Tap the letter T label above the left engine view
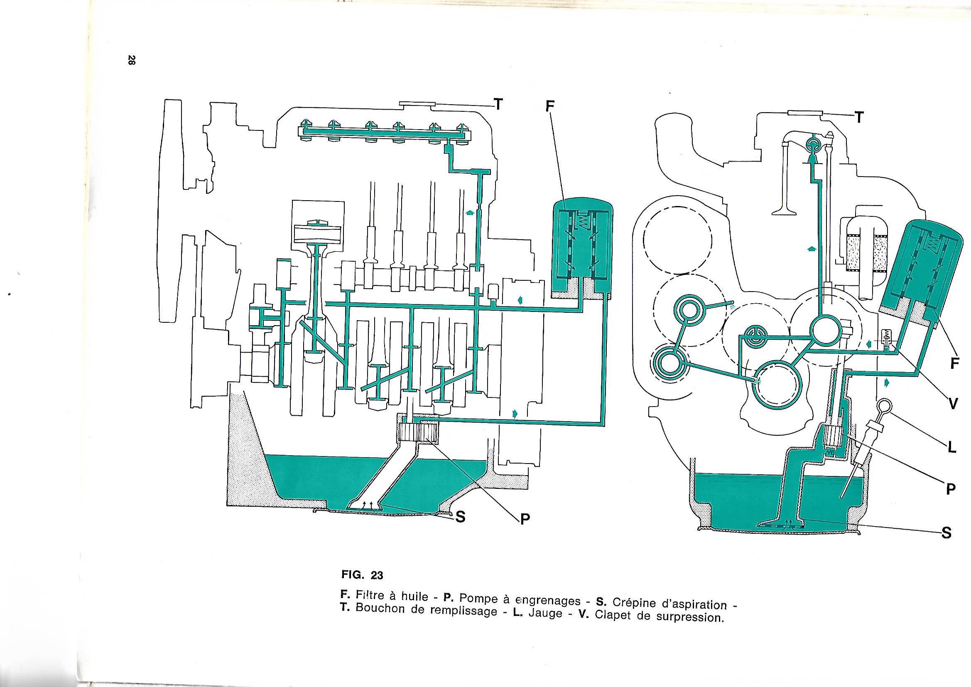(x=499, y=104)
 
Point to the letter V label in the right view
(x=953, y=404)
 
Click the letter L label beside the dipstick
(x=951, y=448)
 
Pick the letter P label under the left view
(x=525, y=519)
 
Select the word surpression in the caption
(x=689, y=616)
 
